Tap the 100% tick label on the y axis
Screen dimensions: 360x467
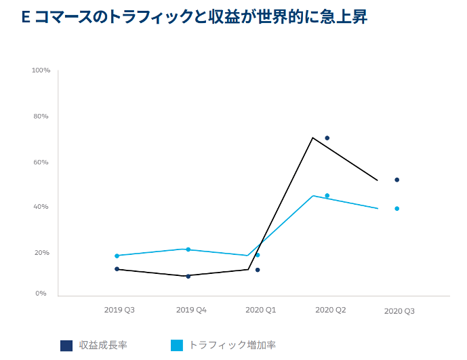pyautogui.click(x=41, y=71)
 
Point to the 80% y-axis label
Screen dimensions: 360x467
pyautogui.click(x=41, y=117)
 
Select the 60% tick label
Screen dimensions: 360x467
pyautogui.click(x=41, y=163)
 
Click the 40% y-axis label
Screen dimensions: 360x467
pyautogui.click(x=41, y=207)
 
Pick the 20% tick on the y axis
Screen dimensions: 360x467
pyautogui.click(x=41, y=253)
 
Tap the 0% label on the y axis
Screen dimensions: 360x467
pyautogui.click(x=41, y=294)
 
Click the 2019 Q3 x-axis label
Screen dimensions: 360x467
pyautogui.click(x=119, y=310)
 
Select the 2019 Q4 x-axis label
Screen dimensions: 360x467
pyautogui.click(x=191, y=310)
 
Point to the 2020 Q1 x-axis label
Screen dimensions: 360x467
pyautogui.click(x=260, y=310)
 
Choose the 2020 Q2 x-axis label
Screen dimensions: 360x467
pyautogui.click(x=331, y=310)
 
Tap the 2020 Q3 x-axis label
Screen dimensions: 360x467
pyautogui.click(x=399, y=311)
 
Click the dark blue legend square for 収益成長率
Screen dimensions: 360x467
pyautogui.click(x=66, y=345)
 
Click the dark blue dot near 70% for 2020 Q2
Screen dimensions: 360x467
pyautogui.click(x=327, y=138)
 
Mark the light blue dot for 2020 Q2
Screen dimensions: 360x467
pyautogui.click(x=327, y=196)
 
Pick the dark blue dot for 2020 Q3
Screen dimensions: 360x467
pyautogui.click(x=397, y=180)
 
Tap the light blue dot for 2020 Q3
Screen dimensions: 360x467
pyautogui.click(x=397, y=209)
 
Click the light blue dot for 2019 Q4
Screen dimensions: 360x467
pyautogui.click(x=188, y=249)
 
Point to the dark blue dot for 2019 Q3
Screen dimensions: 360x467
pyautogui.click(x=117, y=269)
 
